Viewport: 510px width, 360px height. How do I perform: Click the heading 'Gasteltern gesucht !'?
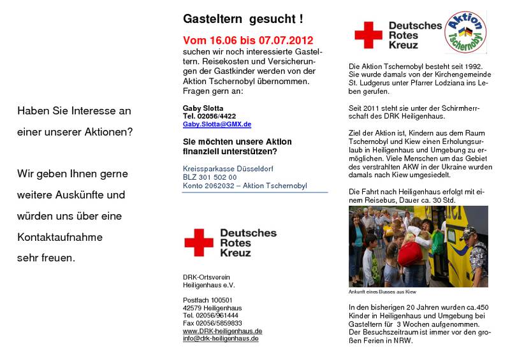click(243, 20)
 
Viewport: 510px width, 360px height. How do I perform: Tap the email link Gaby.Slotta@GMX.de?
click(217, 125)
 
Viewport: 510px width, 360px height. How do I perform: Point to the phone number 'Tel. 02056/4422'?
click(208, 117)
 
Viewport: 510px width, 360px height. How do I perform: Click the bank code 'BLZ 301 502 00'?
click(209, 178)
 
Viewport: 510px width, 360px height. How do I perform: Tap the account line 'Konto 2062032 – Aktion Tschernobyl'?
click(245, 186)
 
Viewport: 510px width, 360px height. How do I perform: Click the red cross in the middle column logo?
click(199, 243)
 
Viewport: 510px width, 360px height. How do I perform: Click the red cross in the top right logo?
click(368, 35)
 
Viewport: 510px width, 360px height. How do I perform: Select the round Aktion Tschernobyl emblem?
click(465, 32)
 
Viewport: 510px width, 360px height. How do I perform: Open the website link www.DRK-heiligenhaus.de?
click(222, 331)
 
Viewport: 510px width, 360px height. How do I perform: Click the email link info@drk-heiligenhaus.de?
click(221, 339)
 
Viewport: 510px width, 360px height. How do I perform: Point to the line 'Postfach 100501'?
click(208, 300)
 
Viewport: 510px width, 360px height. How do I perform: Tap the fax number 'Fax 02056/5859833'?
click(212, 324)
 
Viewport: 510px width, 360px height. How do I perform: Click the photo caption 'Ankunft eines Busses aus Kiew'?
click(382, 292)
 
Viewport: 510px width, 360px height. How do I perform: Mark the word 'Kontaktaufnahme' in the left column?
click(60, 237)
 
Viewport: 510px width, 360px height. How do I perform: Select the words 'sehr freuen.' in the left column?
click(46, 258)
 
